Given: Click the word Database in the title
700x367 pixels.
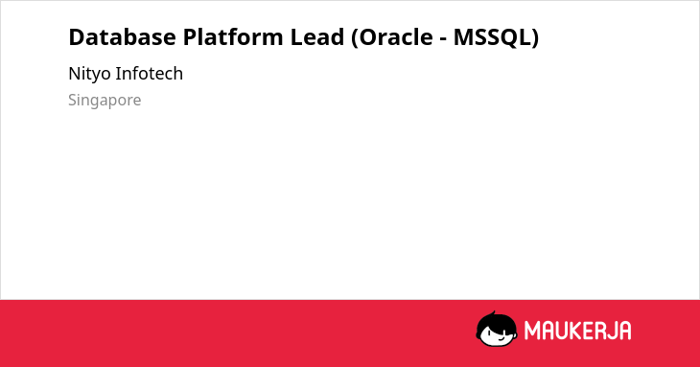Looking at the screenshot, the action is click(123, 36).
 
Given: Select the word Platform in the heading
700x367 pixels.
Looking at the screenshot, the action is click(233, 36).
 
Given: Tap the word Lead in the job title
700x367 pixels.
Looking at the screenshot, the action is click(317, 36).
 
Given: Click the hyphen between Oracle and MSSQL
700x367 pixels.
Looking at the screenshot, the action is click(443, 39).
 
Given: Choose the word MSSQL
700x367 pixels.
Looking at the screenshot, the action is click(493, 37).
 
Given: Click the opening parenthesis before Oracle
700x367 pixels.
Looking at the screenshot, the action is click(355, 37).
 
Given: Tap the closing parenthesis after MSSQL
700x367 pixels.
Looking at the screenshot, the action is click(535, 37).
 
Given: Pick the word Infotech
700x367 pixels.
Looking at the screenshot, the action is click(149, 73).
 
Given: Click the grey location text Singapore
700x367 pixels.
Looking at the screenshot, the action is click(105, 101).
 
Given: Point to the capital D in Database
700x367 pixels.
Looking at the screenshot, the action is click(77, 37).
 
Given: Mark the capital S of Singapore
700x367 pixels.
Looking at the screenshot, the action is click(72, 100).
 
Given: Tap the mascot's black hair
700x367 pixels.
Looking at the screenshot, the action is click(495, 321).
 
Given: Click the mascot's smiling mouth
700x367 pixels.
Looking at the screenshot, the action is click(499, 339).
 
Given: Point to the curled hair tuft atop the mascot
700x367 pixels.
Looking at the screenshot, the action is click(494, 313).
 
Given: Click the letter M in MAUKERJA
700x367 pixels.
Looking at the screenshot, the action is click(532, 331).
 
